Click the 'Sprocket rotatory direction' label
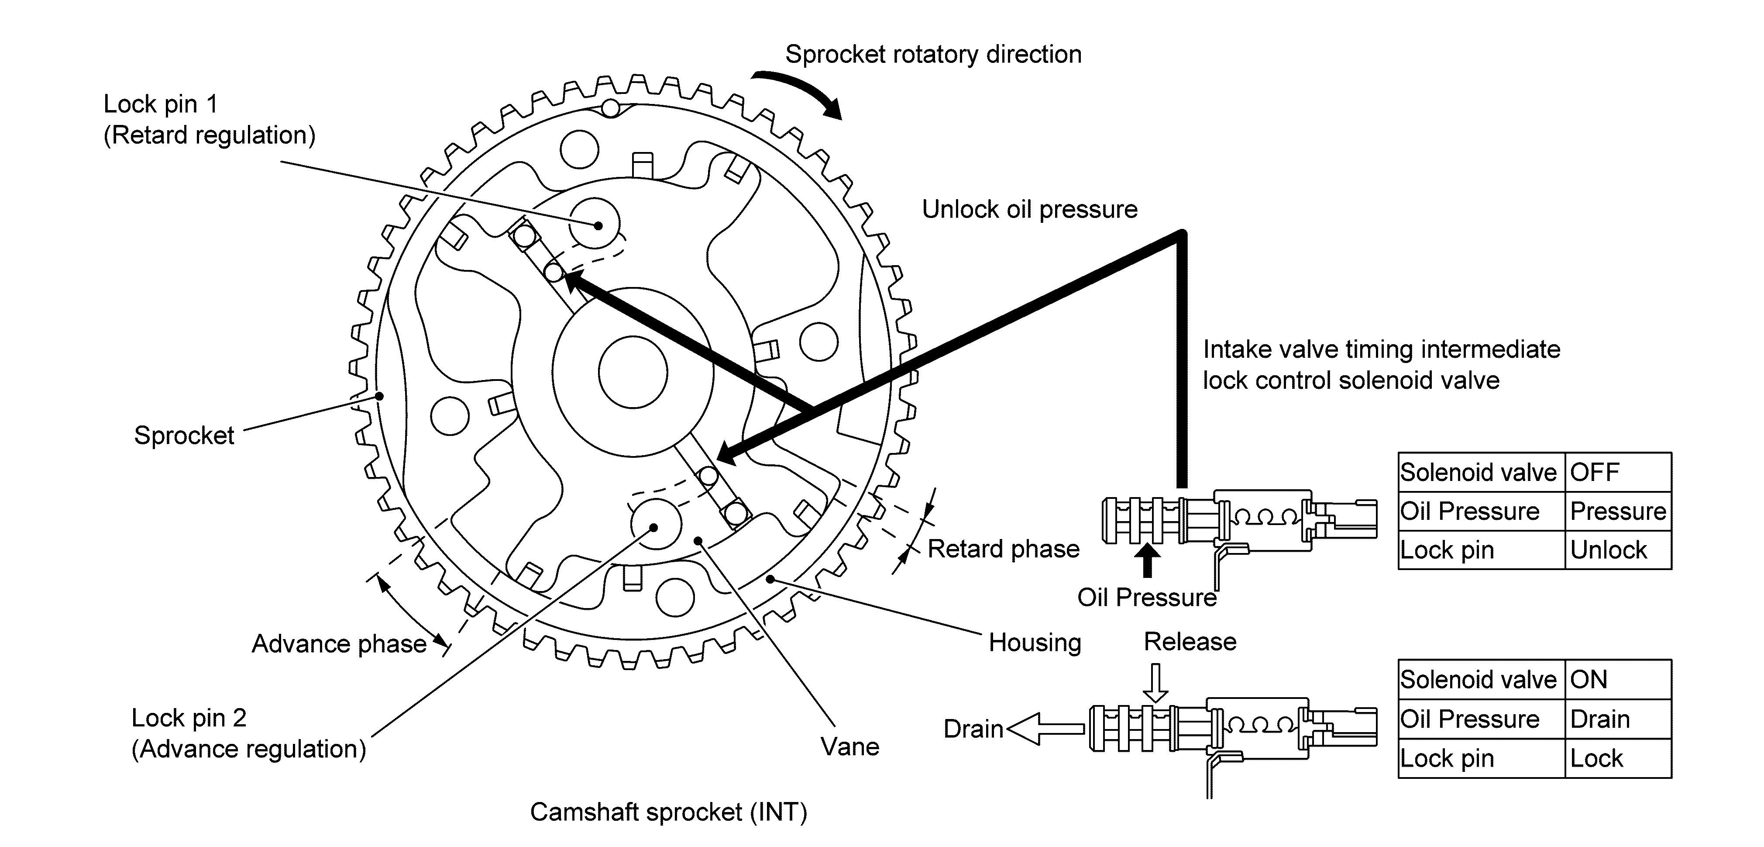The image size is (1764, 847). point(933,54)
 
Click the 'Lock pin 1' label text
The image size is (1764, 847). point(160,104)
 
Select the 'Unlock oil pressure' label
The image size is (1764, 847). point(1029,209)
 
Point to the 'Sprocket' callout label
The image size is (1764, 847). point(184,435)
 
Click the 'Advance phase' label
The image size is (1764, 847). point(339,644)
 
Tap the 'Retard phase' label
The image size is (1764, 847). point(1003,549)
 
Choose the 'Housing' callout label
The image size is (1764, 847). point(1035,643)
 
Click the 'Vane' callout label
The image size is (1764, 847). point(850,746)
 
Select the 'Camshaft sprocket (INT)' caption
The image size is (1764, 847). point(668,812)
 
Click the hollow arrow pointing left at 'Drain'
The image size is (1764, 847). point(1045,729)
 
